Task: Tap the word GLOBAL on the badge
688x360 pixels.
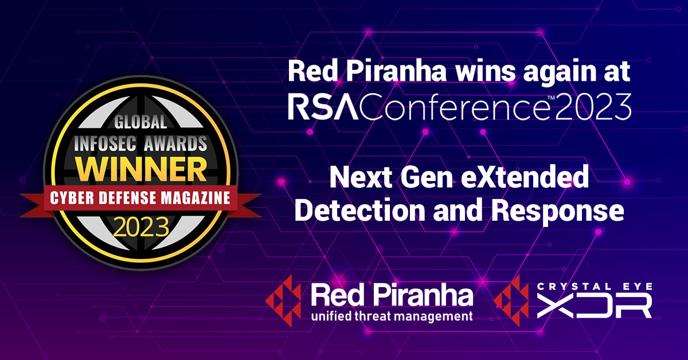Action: point(141,122)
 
